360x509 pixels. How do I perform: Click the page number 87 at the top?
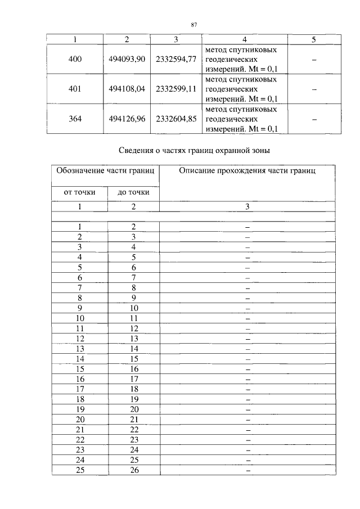tap(193, 25)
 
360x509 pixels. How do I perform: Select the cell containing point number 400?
tap(74, 59)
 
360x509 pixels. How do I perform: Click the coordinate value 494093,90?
tap(127, 59)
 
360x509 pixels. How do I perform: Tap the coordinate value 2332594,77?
tap(175, 59)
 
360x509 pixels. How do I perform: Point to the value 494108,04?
tap(127, 89)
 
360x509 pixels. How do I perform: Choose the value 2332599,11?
tap(175, 89)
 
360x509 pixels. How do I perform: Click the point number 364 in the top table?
tap(74, 119)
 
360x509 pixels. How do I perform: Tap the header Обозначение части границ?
tap(105, 170)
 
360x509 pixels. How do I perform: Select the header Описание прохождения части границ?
tap(247, 170)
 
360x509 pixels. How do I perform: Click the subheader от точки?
tap(79, 192)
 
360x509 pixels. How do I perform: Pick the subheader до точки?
tap(133, 192)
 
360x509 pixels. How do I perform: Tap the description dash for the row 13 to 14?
tap(247, 349)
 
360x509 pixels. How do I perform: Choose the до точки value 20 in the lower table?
tap(134, 409)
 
